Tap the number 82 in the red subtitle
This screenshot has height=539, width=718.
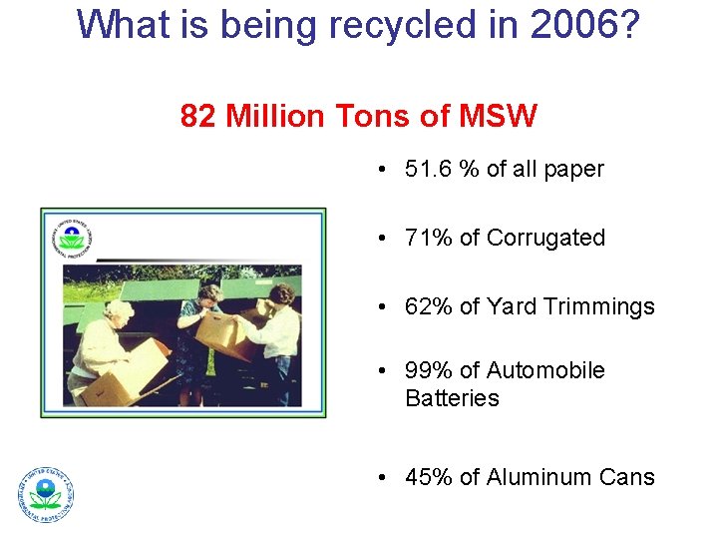[197, 117]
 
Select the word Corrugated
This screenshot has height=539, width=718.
[545, 238]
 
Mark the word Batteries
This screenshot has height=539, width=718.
[452, 398]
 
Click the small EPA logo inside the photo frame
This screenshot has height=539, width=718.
[72, 238]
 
